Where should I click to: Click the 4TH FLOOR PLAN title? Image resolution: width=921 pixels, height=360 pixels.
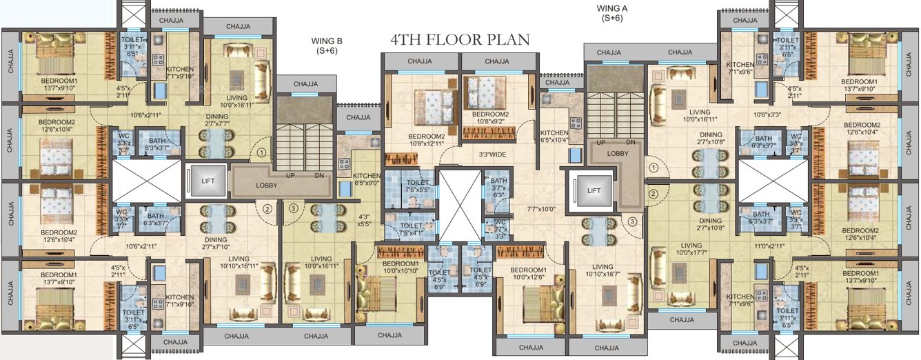(x=460, y=39)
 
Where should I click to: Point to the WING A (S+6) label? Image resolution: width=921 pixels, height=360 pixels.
(x=611, y=13)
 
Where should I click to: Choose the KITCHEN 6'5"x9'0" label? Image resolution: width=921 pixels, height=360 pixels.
(x=366, y=179)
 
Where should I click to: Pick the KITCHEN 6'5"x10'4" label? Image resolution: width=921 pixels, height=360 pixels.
(x=554, y=137)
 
